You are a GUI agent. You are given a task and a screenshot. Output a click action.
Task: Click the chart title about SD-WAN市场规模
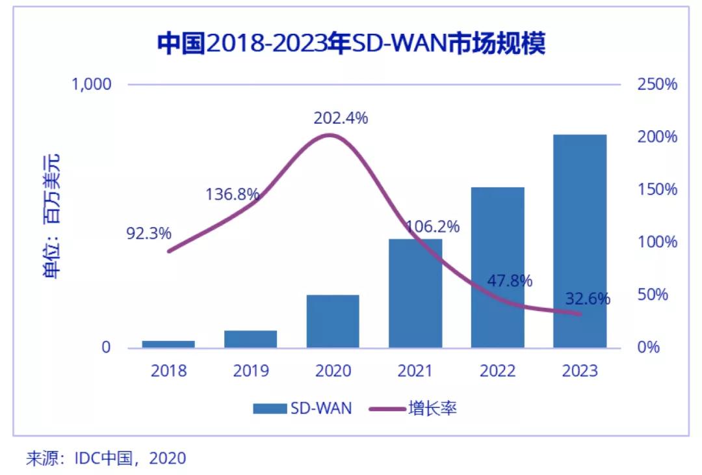(351, 44)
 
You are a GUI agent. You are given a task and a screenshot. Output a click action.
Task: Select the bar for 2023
(580, 241)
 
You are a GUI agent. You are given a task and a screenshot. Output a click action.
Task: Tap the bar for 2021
(415, 293)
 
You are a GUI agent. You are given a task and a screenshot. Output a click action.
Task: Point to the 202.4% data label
(341, 118)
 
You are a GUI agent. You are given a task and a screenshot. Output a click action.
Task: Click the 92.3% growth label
(149, 232)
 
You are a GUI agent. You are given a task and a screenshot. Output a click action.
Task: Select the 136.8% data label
(233, 194)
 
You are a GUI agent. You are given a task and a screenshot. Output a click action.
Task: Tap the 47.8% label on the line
(510, 281)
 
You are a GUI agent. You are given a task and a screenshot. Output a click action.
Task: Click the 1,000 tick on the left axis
(92, 85)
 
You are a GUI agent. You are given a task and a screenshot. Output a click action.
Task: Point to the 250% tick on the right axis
(655, 85)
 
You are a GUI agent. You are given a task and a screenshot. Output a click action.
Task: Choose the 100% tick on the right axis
(655, 242)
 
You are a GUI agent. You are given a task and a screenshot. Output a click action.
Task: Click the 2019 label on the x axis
(251, 371)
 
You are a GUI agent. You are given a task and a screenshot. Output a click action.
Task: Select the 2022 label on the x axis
(497, 371)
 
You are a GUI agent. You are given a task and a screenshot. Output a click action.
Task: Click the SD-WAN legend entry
(302, 409)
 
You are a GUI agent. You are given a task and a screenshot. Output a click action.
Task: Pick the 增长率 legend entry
(413, 409)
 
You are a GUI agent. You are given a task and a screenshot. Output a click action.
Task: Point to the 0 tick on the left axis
(106, 347)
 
